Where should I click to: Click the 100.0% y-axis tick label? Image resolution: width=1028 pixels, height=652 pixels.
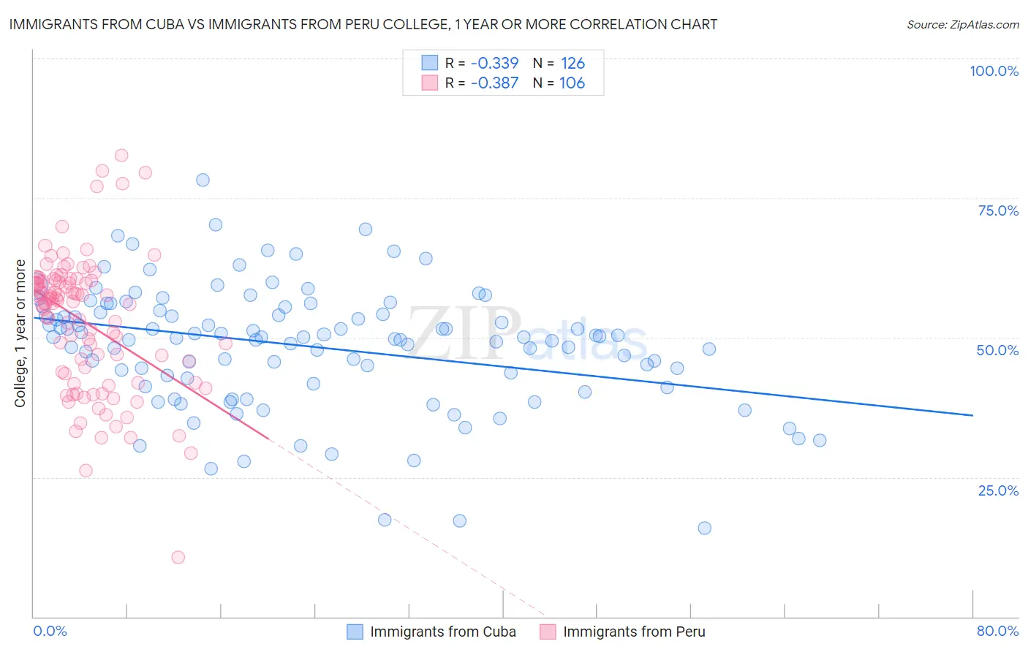994,71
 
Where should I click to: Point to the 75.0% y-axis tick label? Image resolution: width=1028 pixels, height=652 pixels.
998,211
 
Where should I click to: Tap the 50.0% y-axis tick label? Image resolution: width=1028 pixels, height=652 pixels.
997,350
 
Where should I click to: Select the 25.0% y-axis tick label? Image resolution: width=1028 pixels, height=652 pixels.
998,490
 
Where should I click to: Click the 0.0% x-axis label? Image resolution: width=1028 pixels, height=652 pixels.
50,631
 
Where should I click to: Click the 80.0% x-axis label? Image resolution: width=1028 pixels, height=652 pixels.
997,631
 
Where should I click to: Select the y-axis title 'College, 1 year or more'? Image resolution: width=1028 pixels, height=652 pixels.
20,333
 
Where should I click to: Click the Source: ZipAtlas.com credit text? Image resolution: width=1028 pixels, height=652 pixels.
962,24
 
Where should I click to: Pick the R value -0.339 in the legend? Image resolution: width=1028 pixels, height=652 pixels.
494,63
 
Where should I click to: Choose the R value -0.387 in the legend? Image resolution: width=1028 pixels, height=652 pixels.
494,83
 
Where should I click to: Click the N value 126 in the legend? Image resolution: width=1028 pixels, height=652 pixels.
572,63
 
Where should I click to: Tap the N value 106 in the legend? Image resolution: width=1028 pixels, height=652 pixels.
572,83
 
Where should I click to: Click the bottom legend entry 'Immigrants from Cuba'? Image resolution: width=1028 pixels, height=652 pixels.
442,632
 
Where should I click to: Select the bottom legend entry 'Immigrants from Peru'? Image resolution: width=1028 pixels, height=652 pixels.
634,632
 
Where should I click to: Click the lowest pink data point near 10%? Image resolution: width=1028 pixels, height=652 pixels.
178,557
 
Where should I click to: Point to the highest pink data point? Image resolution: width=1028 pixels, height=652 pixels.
121,155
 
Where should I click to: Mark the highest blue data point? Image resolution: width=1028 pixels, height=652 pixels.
203,180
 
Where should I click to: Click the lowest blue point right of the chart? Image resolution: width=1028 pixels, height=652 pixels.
704,528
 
